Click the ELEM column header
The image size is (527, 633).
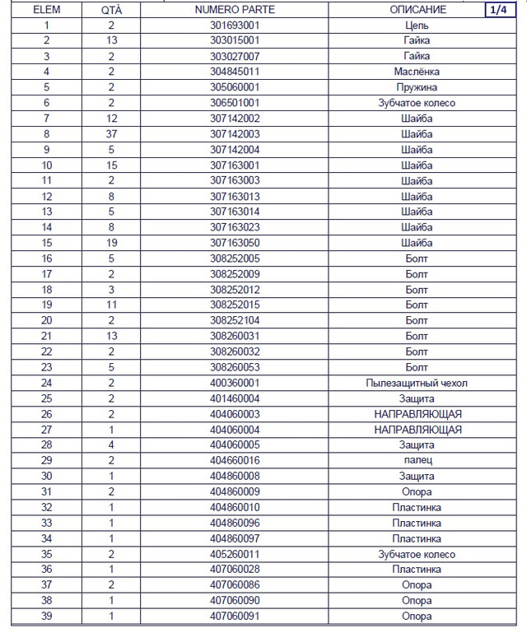click(46, 10)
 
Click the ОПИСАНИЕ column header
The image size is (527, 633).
click(417, 10)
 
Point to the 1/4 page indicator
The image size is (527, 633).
click(498, 10)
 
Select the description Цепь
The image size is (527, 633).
click(417, 26)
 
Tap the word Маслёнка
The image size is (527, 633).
click(417, 72)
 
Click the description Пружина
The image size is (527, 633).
click(417, 87)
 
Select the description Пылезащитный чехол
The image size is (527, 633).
click(417, 383)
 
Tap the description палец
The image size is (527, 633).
click(417, 460)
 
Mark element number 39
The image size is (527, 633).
click(46, 616)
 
